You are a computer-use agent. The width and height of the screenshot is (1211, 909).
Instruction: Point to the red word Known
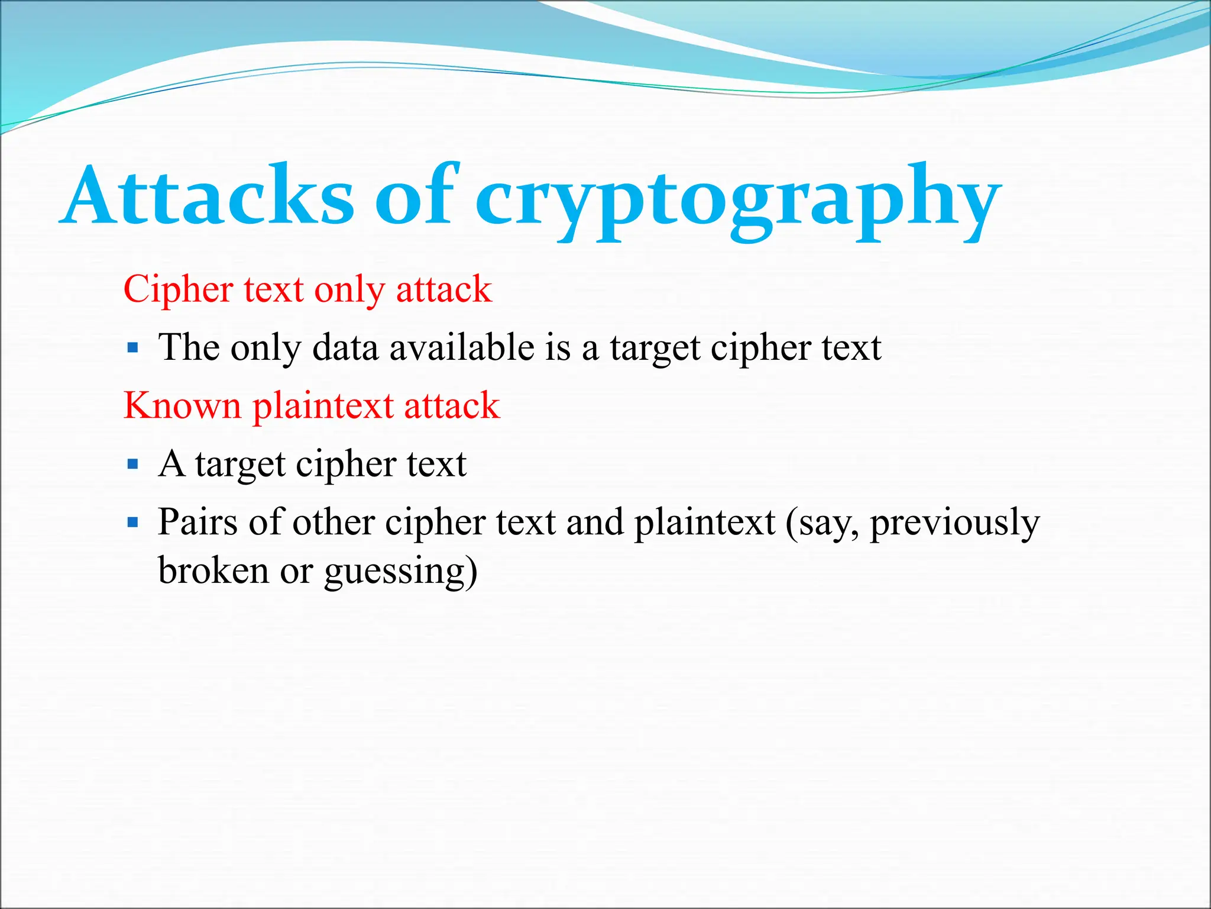[182, 406]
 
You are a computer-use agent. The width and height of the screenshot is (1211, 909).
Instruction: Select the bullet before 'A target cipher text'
[133, 464]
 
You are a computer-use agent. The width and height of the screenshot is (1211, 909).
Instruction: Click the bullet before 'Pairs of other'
[133, 523]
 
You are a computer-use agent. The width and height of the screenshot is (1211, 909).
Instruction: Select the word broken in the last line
[213, 571]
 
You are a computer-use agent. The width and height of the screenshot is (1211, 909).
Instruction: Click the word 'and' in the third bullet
[594, 523]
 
